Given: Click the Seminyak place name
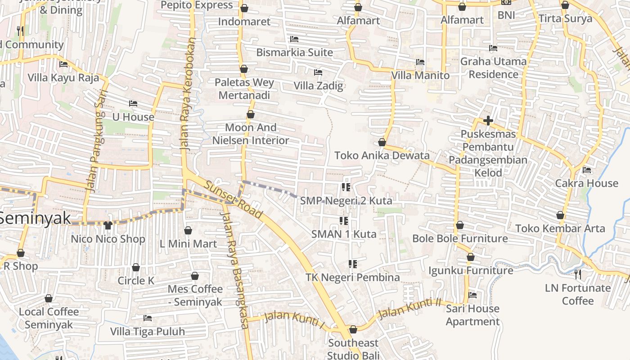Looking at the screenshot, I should pyautogui.click(x=35, y=218).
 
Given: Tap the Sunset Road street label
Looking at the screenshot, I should pyautogui.click(x=233, y=199).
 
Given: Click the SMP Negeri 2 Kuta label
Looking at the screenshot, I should pyautogui.click(x=346, y=201).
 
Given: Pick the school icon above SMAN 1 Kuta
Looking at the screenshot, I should pyautogui.click(x=344, y=220).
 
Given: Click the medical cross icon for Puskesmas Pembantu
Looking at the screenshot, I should pyautogui.click(x=488, y=121).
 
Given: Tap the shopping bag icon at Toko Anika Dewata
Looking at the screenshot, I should pyautogui.click(x=382, y=142).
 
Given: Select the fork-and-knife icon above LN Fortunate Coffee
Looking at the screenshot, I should pyautogui.click(x=578, y=274).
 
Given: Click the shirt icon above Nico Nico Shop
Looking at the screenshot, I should pyautogui.click(x=108, y=225).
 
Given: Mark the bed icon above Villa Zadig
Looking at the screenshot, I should pyautogui.click(x=318, y=72).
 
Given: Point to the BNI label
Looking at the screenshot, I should pyautogui.click(x=506, y=15).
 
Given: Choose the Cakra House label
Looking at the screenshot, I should pyautogui.click(x=586, y=183).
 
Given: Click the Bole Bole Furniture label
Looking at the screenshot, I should pyautogui.click(x=460, y=238).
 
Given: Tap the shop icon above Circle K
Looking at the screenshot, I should pyautogui.click(x=136, y=267).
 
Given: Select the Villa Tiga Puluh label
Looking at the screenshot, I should pyautogui.click(x=148, y=332).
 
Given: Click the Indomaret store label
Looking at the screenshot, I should pyautogui.click(x=244, y=22).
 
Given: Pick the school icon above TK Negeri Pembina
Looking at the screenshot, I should pyautogui.click(x=353, y=264).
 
